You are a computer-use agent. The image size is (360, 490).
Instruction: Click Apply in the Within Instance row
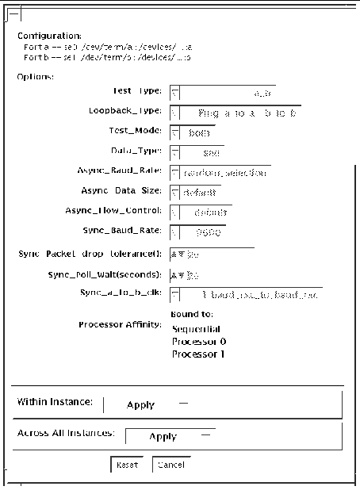tap(140, 404)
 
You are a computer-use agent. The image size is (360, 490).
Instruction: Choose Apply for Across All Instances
tap(163, 436)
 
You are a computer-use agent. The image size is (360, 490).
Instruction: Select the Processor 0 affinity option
tap(193, 341)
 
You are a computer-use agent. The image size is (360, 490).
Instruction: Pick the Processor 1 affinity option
tap(193, 354)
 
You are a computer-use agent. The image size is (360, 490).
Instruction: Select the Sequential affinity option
tap(195, 328)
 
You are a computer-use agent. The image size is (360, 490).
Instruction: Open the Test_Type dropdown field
tap(228, 94)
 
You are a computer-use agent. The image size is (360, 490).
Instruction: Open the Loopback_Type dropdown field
tap(238, 113)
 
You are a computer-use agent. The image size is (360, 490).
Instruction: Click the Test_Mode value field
tap(199, 132)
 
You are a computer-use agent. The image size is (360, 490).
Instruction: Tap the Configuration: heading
tap(49, 36)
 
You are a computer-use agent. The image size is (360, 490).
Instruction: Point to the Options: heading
tap(35, 76)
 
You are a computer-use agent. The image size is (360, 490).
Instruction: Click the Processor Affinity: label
tap(121, 325)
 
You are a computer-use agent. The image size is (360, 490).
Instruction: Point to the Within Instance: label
tap(56, 402)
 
